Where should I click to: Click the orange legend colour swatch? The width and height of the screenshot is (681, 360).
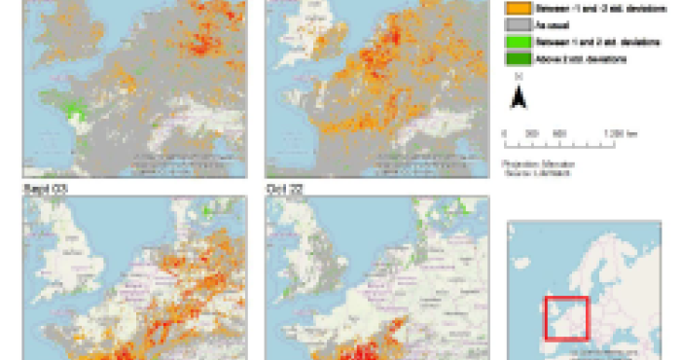click(515, 8)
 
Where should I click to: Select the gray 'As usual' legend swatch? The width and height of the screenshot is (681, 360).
click(515, 25)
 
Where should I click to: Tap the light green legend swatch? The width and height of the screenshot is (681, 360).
click(515, 42)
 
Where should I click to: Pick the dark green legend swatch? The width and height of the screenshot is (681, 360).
click(515, 59)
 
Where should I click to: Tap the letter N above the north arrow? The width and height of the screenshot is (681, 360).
click(519, 77)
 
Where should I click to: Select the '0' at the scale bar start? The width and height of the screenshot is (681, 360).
click(504, 132)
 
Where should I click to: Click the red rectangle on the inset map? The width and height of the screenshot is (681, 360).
click(566, 317)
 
